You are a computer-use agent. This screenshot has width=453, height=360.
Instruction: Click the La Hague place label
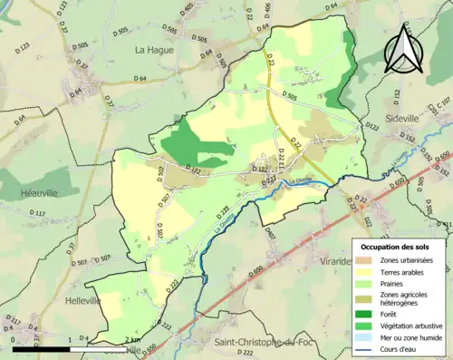(153, 51)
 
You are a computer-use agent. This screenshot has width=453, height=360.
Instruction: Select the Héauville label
(42, 194)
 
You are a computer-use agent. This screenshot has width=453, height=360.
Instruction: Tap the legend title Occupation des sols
(395, 247)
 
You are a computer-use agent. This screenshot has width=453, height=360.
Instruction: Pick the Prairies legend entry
(395, 284)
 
